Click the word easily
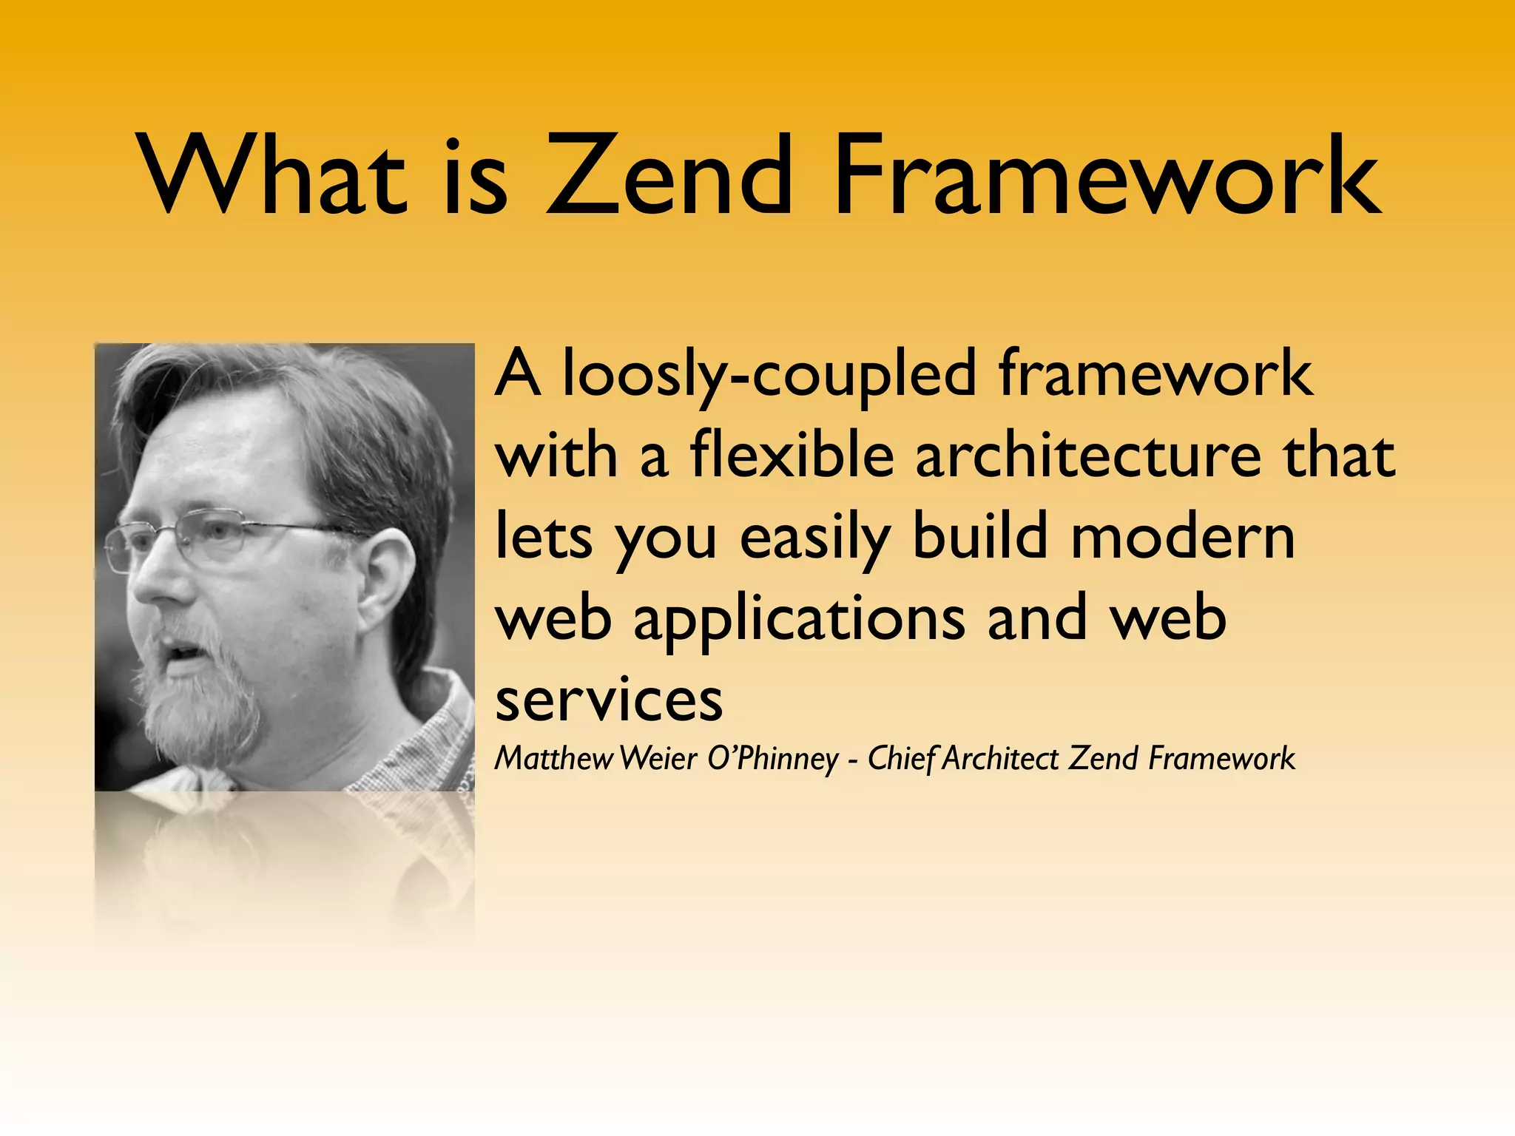814,538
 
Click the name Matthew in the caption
554,759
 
